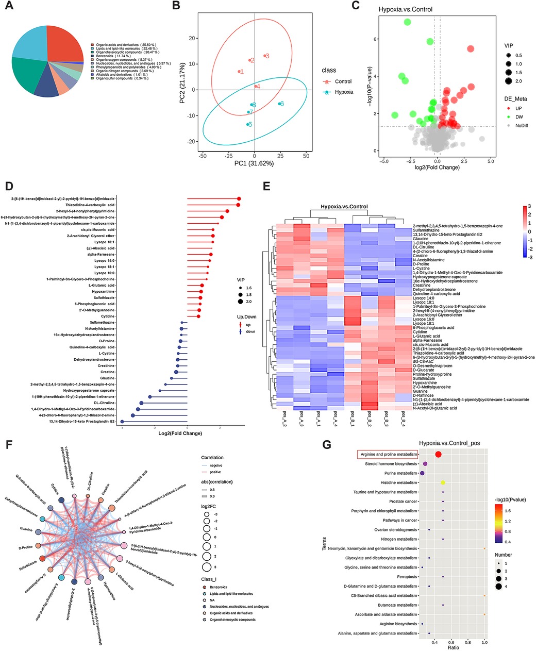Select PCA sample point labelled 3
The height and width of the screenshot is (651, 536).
264,56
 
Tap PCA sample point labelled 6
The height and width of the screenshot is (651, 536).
279,104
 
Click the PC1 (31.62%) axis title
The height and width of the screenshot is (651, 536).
255,163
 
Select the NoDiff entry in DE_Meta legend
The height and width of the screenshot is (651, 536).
523,125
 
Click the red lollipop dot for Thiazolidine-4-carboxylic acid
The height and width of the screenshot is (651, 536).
238,205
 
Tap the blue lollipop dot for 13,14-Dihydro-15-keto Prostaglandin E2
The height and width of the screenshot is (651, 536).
122,422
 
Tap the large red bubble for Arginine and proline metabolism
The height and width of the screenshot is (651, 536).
438,454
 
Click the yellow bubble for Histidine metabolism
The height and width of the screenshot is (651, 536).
443,482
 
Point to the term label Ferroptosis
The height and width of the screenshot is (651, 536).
406,577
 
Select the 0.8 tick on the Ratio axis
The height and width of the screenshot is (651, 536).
468,642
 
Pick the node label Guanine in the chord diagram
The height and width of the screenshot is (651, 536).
26,530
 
